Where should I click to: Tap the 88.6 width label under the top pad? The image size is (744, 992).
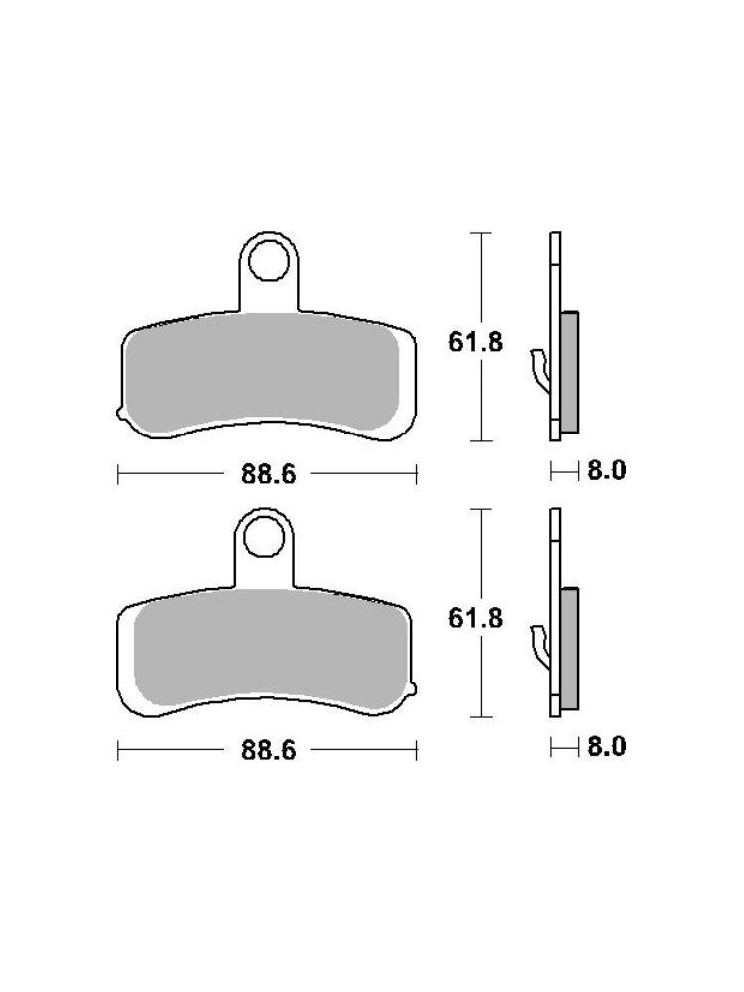(x=268, y=474)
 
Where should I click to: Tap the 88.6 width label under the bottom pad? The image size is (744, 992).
(x=268, y=750)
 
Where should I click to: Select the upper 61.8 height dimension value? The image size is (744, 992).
(x=476, y=342)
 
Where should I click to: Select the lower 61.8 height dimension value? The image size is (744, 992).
(x=476, y=618)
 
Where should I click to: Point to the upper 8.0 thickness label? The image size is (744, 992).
(x=607, y=470)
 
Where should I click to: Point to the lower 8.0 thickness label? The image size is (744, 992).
(x=607, y=747)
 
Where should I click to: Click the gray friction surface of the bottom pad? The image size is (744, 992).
(x=272, y=649)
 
